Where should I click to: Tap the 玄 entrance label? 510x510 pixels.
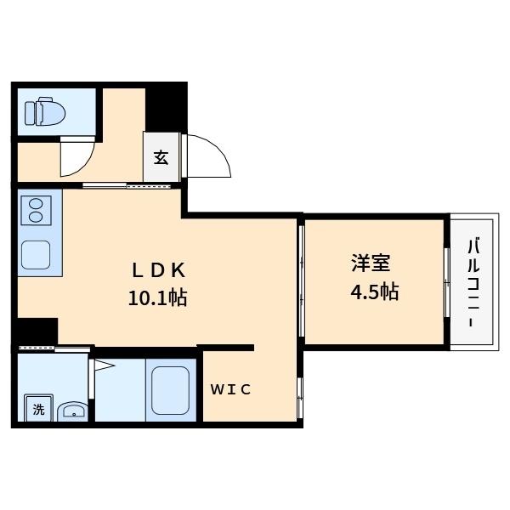161,157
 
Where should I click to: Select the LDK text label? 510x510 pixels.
157,270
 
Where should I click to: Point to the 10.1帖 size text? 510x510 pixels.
157,298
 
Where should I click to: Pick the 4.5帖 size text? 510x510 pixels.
375,292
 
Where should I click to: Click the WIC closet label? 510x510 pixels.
231,390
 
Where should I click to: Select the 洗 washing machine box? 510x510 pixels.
38,409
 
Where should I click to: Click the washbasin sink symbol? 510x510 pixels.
72,411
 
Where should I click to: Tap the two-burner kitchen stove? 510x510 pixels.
36,210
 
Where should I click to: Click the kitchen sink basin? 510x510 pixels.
37,254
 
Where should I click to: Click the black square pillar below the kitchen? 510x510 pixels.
36,330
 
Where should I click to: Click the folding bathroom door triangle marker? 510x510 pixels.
103,366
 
